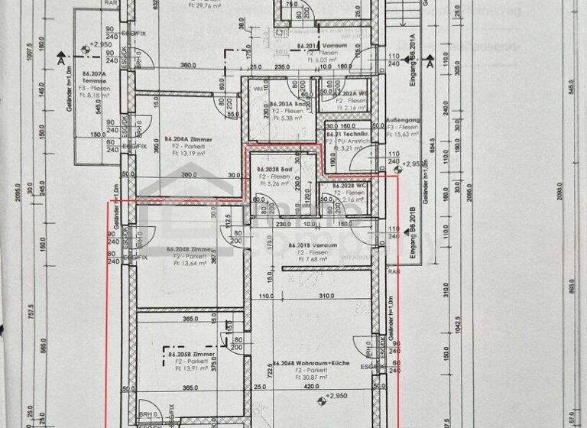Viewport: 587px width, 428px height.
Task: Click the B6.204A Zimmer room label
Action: click(189, 140)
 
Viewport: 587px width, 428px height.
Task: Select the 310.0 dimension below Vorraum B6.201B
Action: click(324, 296)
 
